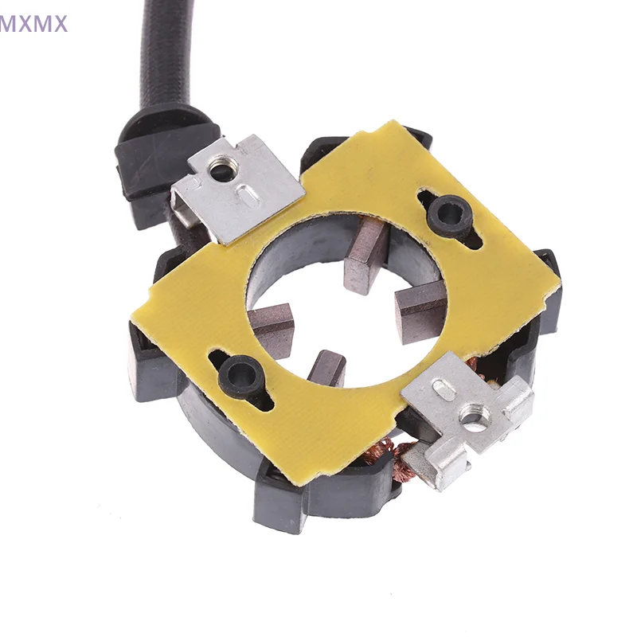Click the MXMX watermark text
tap(34, 23)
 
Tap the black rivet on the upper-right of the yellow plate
tap(449, 214)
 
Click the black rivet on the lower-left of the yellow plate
tap(241, 372)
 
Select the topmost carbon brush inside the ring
tap(366, 256)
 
